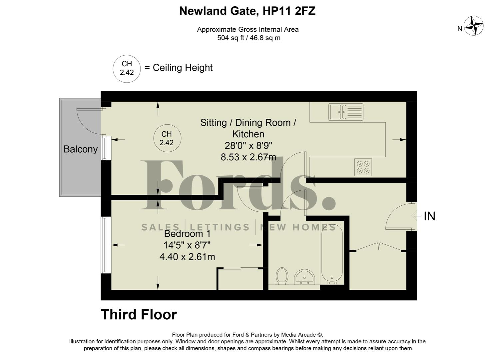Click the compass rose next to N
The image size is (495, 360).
point(474,26)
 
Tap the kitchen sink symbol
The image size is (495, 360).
point(346,112)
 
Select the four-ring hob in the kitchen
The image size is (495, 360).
point(363,167)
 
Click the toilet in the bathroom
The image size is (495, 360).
point(282,276)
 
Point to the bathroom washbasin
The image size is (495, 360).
point(304,277)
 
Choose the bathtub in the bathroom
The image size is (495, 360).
point(331,253)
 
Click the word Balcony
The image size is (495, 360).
point(80,149)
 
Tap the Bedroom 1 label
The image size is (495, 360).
point(187,234)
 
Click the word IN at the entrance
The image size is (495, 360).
point(429,216)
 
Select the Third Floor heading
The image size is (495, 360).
point(139,314)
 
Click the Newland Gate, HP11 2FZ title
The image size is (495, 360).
point(247,11)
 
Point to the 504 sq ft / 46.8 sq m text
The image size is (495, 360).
point(248,38)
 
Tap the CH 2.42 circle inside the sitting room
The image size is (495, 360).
point(167,138)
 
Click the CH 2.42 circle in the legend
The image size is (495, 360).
point(127,68)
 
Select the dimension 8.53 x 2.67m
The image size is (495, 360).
point(248,157)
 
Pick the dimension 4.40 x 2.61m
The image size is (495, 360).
point(187,257)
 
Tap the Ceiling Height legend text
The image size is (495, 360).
point(182,68)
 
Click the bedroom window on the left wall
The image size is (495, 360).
point(104,245)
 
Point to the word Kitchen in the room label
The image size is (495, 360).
point(248,134)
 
